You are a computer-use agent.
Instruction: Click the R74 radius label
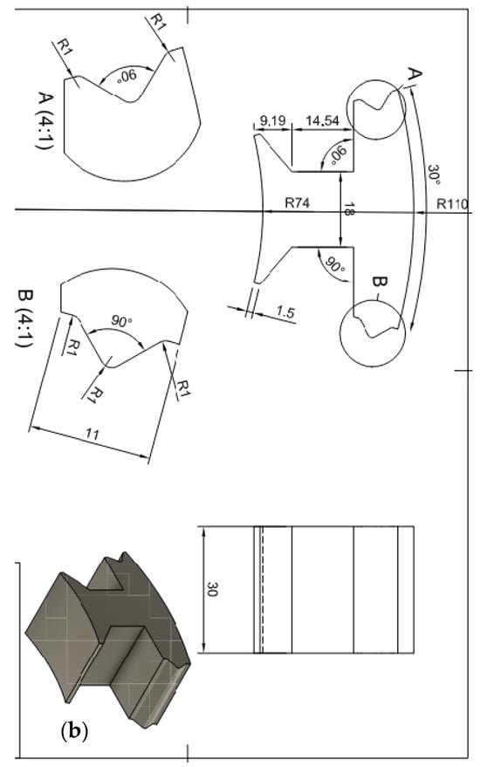click(x=298, y=202)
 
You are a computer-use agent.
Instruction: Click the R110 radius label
click(x=453, y=203)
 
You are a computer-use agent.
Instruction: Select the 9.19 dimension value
click(x=273, y=120)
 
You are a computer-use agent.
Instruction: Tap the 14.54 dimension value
click(x=322, y=120)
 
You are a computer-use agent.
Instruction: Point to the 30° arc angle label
click(x=434, y=175)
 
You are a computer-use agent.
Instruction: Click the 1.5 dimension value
click(x=285, y=312)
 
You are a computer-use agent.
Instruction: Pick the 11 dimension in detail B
click(x=93, y=434)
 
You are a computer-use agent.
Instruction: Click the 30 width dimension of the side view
click(x=213, y=589)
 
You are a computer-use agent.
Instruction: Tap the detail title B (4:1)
click(x=24, y=318)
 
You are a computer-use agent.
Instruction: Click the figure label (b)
click(x=74, y=731)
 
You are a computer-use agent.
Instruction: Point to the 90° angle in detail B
click(x=120, y=321)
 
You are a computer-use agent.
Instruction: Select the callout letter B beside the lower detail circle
click(x=381, y=282)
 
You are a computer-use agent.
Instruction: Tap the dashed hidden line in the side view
click(x=263, y=590)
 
